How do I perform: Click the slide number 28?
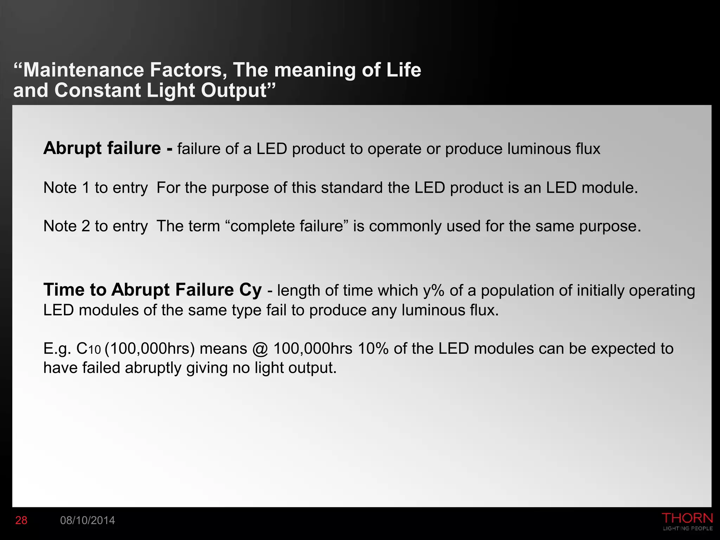21,520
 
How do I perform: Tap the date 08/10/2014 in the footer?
88,520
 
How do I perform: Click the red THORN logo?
687,518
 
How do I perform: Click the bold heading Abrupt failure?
102,148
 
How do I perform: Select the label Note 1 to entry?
95,188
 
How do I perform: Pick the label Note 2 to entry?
95,226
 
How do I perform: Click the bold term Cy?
250,290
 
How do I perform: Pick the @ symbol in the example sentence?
260,349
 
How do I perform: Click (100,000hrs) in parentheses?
150,349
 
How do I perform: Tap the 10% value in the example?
373,349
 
